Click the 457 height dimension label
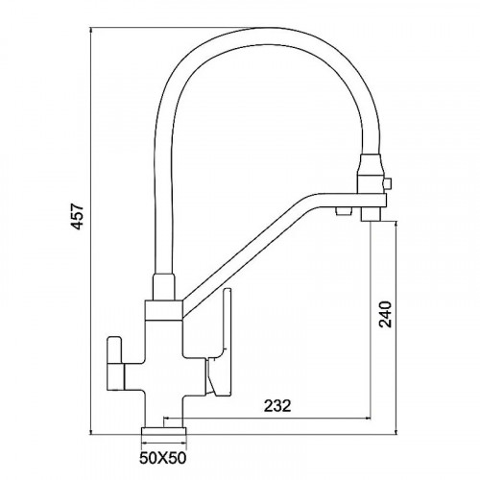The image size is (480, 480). [77, 217]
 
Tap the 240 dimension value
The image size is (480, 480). [385, 314]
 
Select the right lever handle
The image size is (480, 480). [220, 342]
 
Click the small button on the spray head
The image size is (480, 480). [387, 183]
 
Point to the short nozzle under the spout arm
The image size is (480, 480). [344, 210]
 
